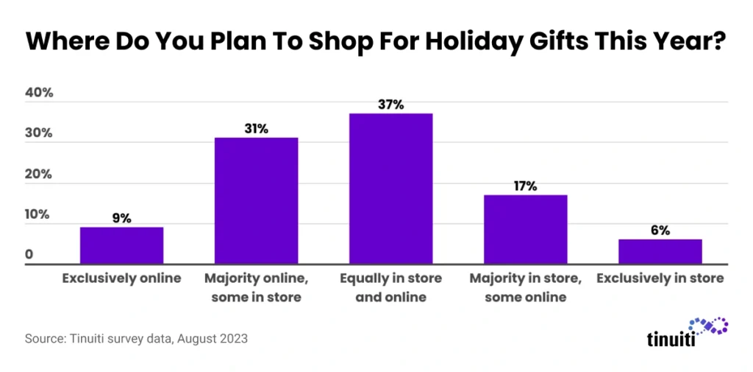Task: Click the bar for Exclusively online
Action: [x=121, y=245]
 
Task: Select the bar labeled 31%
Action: [x=256, y=200]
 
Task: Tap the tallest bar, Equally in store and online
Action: [x=390, y=189]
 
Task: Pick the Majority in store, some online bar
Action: [x=525, y=229]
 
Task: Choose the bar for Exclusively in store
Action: [x=660, y=251]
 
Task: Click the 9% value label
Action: [x=121, y=218]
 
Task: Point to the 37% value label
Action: [x=390, y=105]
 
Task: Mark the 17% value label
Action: [x=525, y=186]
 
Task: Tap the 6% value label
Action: [x=660, y=231]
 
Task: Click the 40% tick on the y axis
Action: [x=39, y=93]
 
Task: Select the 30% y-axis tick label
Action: [x=39, y=134]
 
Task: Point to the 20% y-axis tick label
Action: [x=39, y=175]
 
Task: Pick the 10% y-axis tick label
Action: [x=39, y=215]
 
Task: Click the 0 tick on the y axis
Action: [x=29, y=256]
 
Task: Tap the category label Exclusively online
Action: [x=121, y=278]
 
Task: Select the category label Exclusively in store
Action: [x=660, y=278]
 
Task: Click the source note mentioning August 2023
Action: [x=136, y=340]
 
